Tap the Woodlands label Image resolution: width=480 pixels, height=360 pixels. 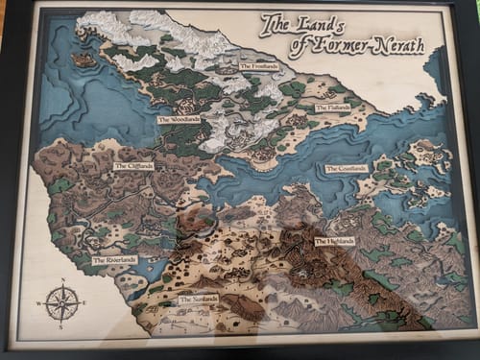pyautogui.click(x=180, y=119)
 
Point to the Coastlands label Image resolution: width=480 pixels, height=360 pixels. pyautogui.click(x=347, y=168)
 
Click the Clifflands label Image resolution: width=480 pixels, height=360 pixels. pyautogui.click(x=133, y=166)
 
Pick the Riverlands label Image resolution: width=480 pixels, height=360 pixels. pyautogui.click(x=114, y=259)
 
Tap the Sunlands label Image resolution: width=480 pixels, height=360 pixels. pyautogui.click(x=199, y=299)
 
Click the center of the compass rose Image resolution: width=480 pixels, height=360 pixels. pyautogui.click(x=62, y=303)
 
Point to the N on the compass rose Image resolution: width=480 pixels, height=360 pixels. pyautogui.click(x=62, y=281)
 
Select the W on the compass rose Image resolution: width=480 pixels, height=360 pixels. pyautogui.click(x=39, y=303)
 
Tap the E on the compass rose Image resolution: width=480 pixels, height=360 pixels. pyautogui.click(x=84, y=303)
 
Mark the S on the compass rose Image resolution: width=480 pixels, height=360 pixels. pyautogui.click(x=62, y=326)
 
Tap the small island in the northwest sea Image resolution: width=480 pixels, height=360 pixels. pyautogui.click(x=84, y=60)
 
